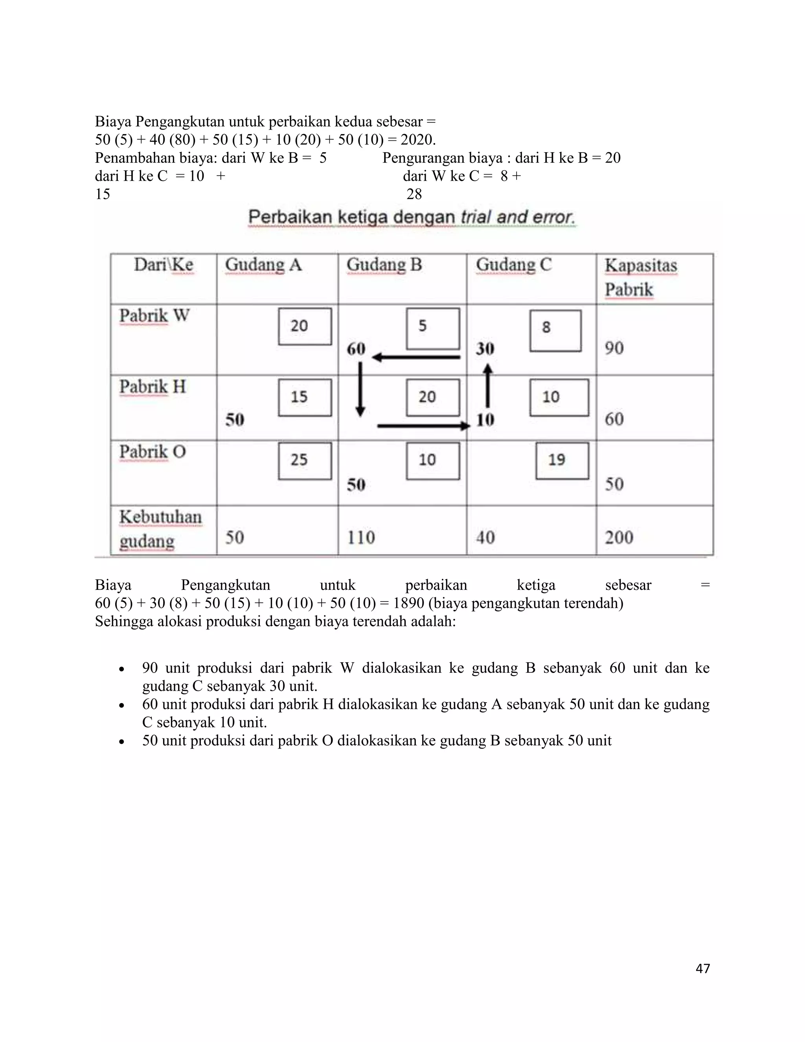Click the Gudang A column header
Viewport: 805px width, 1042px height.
pos(263,264)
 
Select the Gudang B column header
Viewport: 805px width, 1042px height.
pos(384,264)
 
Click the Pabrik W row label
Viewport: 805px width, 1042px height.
pos(154,315)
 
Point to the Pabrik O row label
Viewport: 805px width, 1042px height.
pos(152,451)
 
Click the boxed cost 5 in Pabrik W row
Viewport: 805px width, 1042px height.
pos(432,329)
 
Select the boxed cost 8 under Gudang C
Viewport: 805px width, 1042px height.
pos(555,331)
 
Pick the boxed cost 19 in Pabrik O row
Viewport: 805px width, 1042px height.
pos(562,460)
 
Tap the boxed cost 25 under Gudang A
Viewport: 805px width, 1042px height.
pos(305,460)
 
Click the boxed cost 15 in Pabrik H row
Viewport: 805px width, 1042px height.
pos(305,398)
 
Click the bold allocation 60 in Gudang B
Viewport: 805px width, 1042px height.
pos(356,349)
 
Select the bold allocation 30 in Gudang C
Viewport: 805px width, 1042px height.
pos(485,349)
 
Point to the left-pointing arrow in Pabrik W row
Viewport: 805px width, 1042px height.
pos(416,357)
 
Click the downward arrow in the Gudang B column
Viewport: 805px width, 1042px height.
pos(360,389)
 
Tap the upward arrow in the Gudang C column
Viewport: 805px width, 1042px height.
pos(487,385)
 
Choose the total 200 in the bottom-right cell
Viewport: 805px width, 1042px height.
pos(619,538)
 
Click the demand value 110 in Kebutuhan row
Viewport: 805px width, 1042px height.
pos(360,538)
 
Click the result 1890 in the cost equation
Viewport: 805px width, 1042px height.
pos(409,603)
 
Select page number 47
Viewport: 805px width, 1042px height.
pos(702,968)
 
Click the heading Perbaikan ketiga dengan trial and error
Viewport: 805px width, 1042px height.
pos(412,217)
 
